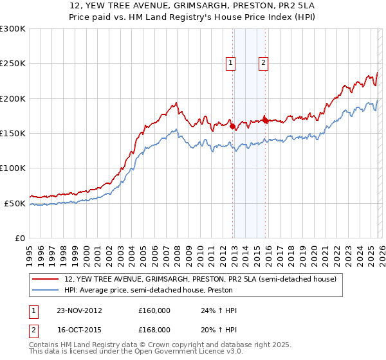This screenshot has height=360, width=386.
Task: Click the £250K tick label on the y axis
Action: point(13,64)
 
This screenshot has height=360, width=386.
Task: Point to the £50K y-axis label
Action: point(15,203)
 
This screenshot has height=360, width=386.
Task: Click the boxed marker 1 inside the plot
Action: point(231,62)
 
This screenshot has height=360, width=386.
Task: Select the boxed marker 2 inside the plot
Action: point(264,62)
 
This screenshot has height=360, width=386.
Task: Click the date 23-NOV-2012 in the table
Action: point(79,310)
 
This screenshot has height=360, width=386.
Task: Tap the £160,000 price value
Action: point(154,310)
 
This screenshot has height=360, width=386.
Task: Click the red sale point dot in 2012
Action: point(232,126)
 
